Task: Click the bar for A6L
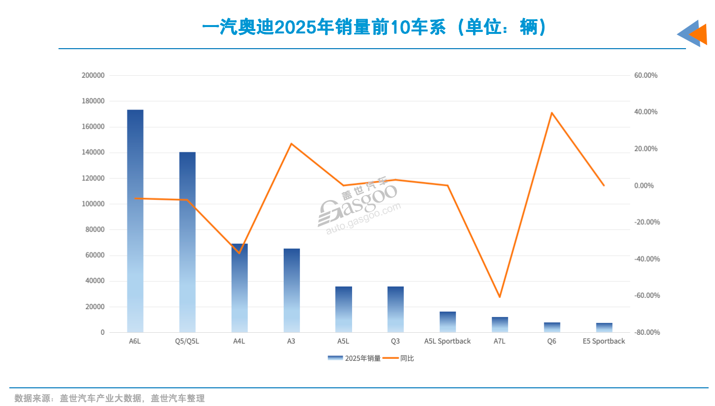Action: click(x=135, y=221)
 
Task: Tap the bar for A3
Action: click(x=292, y=290)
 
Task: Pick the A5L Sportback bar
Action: click(x=447, y=322)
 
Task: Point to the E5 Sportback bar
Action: click(x=604, y=327)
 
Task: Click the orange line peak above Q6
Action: click(x=552, y=113)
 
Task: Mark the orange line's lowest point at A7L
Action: click(x=500, y=297)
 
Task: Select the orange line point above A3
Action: click(x=291, y=144)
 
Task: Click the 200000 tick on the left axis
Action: click(x=92, y=76)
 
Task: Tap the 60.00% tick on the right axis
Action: click(x=646, y=76)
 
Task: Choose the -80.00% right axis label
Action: click(x=644, y=333)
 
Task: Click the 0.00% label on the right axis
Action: click(x=647, y=186)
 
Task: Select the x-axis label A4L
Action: click(x=239, y=341)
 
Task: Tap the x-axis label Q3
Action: click(x=395, y=341)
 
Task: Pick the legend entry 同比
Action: click(x=400, y=358)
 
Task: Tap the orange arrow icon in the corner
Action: click(x=699, y=34)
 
